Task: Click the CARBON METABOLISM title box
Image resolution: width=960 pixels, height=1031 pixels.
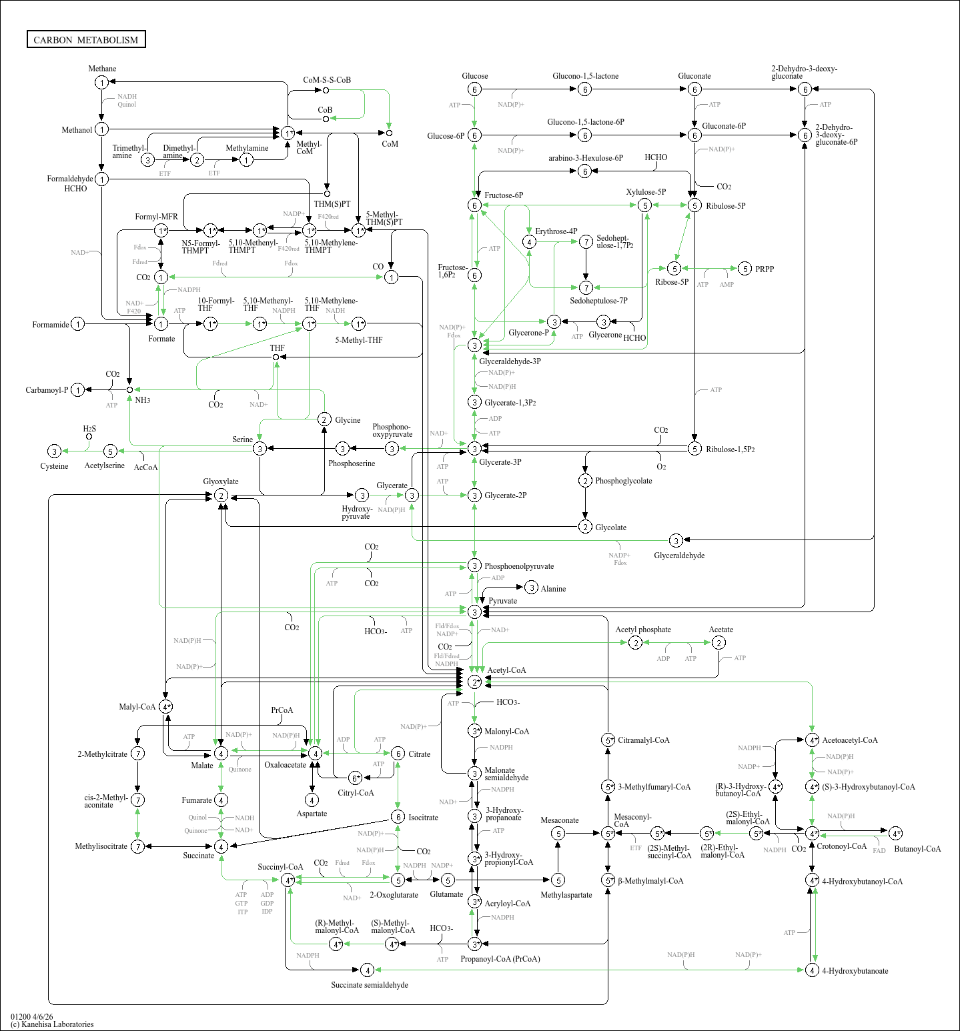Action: pyautogui.click(x=86, y=40)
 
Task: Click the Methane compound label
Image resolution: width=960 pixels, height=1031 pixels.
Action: pyautogui.click(x=102, y=69)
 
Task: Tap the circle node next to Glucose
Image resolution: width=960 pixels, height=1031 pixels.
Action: pyautogui.click(x=474, y=89)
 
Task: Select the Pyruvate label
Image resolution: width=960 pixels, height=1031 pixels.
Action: pyautogui.click(x=502, y=601)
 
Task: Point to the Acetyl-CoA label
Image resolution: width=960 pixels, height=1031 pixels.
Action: pyautogui.click(x=506, y=670)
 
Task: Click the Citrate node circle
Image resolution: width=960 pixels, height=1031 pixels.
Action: pyautogui.click(x=398, y=754)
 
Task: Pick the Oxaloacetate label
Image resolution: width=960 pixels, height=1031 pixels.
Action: pyautogui.click(x=285, y=765)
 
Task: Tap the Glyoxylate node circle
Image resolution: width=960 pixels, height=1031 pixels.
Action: pyautogui.click(x=221, y=495)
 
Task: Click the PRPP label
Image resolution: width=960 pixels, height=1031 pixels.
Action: pyautogui.click(x=765, y=269)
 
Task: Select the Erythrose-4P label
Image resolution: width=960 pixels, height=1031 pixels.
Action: pyautogui.click(x=556, y=231)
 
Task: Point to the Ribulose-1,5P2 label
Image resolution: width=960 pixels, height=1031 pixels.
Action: pyautogui.click(x=731, y=449)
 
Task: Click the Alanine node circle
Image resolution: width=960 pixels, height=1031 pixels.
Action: pyautogui.click(x=531, y=588)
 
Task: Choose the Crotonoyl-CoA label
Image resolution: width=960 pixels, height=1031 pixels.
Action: pyautogui.click(x=841, y=846)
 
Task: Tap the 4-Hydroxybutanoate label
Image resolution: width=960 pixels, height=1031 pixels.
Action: pyautogui.click(x=855, y=971)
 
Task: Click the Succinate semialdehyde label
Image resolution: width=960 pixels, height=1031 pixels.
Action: pyautogui.click(x=370, y=985)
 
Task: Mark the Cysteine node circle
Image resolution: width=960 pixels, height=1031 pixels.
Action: pyautogui.click(x=55, y=451)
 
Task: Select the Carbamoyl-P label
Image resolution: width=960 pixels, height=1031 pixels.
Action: pyautogui.click(x=47, y=390)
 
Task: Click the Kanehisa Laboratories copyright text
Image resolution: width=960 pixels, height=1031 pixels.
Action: pyautogui.click(x=52, y=1024)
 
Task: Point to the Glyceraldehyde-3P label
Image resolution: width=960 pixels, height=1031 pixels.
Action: pyautogui.click(x=510, y=361)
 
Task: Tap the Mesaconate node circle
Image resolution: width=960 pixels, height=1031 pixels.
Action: pyautogui.click(x=558, y=834)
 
